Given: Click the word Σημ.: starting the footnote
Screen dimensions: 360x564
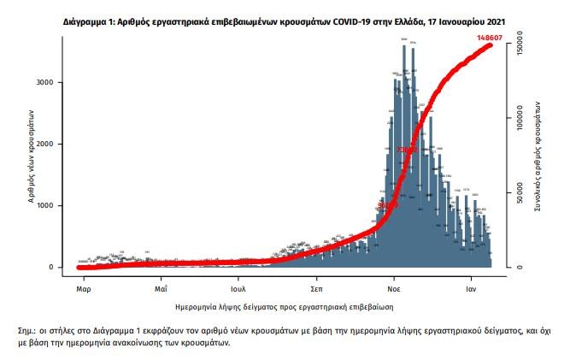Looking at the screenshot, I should [x=27, y=329].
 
